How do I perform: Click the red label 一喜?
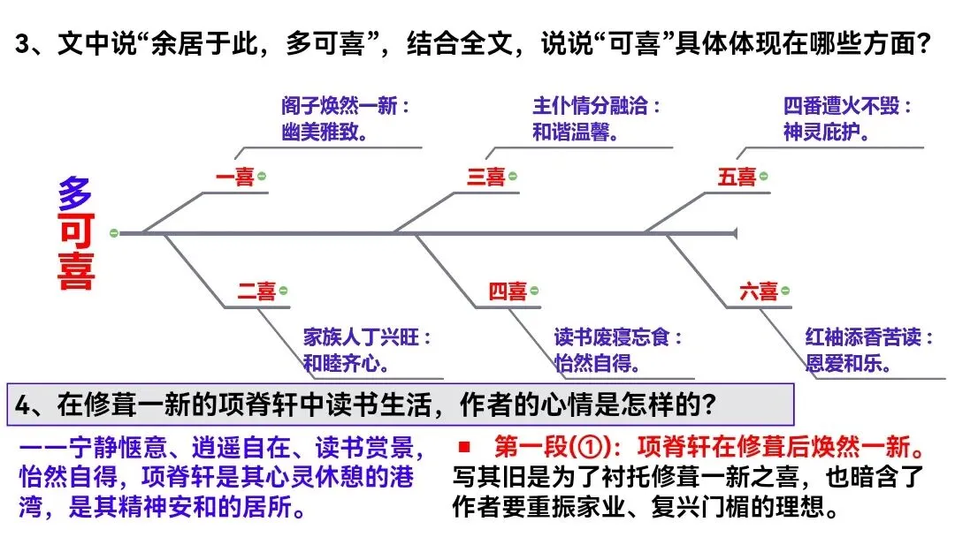click(234, 178)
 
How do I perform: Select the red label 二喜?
click(256, 291)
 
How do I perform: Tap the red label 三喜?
click(485, 178)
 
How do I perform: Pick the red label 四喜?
click(508, 291)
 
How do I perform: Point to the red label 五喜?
click(737, 178)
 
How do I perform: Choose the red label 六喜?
click(759, 291)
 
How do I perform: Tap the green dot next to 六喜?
click(785, 291)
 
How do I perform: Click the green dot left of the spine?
click(113, 233)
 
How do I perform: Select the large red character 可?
click(76, 232)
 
